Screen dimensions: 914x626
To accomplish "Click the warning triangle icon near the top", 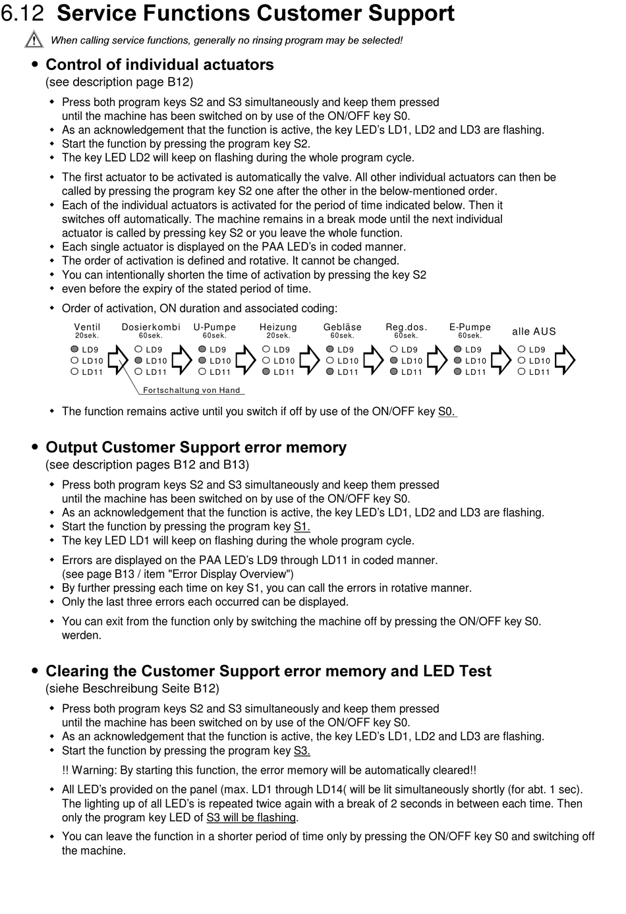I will click(34, 40).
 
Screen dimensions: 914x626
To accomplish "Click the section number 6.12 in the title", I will click(24, 13).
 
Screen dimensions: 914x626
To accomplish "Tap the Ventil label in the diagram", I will click(87, 327).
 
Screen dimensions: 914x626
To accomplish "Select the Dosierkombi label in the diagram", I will click(151, 327).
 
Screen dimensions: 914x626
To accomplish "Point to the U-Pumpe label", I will click(215, 327).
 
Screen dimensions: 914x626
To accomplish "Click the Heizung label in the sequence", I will click(278, 327).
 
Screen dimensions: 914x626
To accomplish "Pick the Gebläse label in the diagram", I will click(343, 327).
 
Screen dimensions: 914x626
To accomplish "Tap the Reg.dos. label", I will click(407, 327).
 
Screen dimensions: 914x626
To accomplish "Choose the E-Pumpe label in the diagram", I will click(470, 327).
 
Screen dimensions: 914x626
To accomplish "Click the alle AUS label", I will click(534, 331).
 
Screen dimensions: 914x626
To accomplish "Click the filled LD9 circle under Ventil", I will click(75, 349).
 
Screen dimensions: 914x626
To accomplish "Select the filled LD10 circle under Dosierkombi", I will click(138, 360).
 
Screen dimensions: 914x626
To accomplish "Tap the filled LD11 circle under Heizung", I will click(266, 372).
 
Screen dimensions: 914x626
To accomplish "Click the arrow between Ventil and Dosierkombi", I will click(118, 360).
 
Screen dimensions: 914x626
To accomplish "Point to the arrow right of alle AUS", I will click(565, 360).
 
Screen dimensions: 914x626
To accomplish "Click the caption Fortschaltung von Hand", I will click(192, 390).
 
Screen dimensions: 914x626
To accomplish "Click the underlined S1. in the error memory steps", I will click(302, 527).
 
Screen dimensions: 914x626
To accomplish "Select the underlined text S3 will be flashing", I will click(251, 817).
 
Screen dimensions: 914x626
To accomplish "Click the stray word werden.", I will click(82, 635).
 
